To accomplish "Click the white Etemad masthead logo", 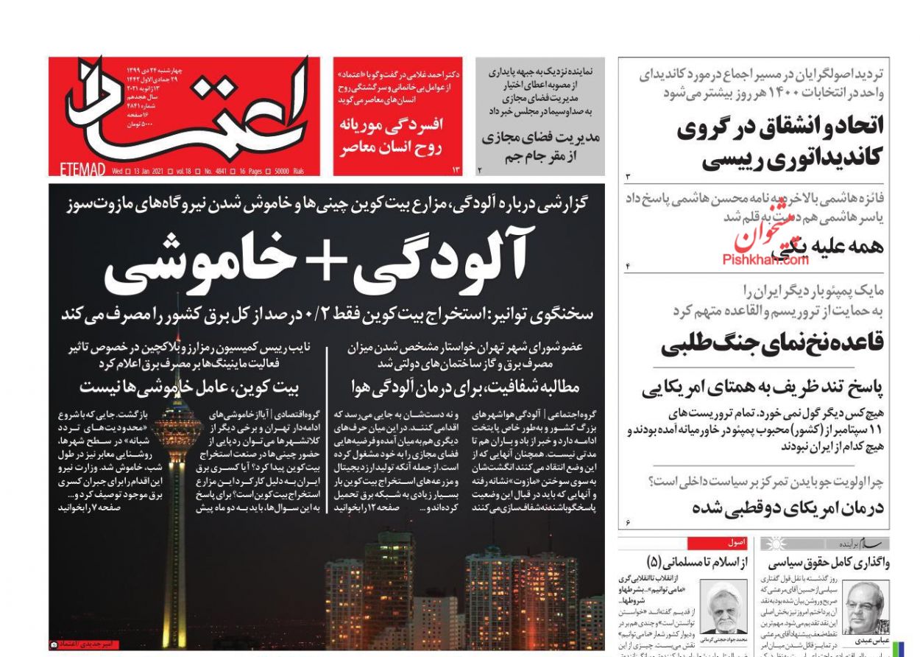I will (221, 110).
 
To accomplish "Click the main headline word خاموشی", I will (191, 264).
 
